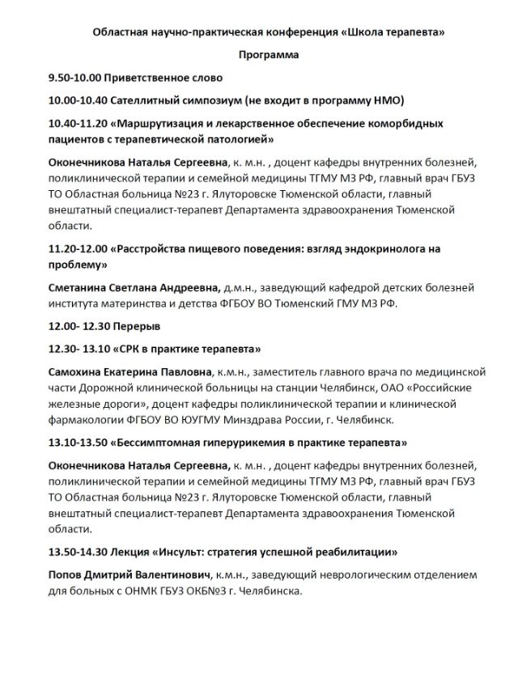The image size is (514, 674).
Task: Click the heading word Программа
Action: (268, 55)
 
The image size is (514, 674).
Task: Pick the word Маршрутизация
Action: (164, 123)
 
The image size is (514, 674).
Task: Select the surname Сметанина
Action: (82, 287)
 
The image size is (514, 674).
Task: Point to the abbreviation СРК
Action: (129, 349)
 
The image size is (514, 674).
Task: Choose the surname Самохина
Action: (79, 371)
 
